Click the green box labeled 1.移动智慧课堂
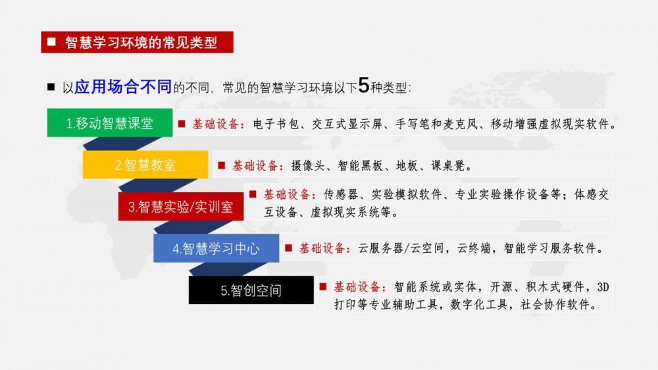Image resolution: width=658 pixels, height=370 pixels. (x=110, y=122)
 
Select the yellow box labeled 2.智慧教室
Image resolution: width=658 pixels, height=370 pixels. (x=145, y=165)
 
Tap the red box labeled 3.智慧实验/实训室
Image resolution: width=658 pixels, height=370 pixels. (x=181, y=206)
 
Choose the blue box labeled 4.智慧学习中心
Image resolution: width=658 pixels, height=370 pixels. (x=216, y=248)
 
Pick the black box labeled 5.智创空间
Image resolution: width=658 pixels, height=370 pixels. (x=251, y=290)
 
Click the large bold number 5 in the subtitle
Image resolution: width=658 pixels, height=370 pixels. (x=363, y=85)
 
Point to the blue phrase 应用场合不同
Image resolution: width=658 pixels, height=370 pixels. (x=123, y=86)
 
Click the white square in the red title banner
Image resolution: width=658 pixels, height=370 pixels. (x=51, y=41)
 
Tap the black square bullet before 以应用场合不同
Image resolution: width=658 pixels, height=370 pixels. (x=51, y=87)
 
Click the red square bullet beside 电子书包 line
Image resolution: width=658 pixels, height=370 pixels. (x=182, y=124)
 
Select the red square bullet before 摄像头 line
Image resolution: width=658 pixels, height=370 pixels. (x=222, y=165)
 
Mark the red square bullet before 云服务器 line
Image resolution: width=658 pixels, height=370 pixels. (x=288, y=248)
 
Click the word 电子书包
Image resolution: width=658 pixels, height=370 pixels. (x=276, y=124)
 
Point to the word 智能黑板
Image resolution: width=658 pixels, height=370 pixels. (x=361, y=166)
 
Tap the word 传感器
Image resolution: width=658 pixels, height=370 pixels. (x=341, y=194)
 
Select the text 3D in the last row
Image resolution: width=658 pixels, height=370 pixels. (x=603, y=287)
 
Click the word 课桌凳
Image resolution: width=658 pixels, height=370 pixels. (x=448, y=166)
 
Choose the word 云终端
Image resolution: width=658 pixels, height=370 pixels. (x=474, y=248)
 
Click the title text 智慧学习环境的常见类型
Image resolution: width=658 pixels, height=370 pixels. (x=141, y=42)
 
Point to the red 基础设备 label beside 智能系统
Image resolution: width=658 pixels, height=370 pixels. (x=357, y=287)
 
